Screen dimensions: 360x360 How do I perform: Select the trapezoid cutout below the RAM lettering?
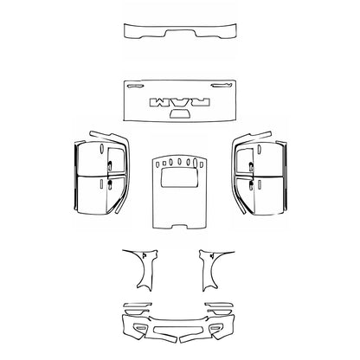[181, 113]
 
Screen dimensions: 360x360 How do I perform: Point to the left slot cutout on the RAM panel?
[134, 86]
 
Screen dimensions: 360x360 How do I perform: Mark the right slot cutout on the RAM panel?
[226, 86]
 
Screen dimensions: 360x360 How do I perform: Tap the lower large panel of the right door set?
[269, 194]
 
